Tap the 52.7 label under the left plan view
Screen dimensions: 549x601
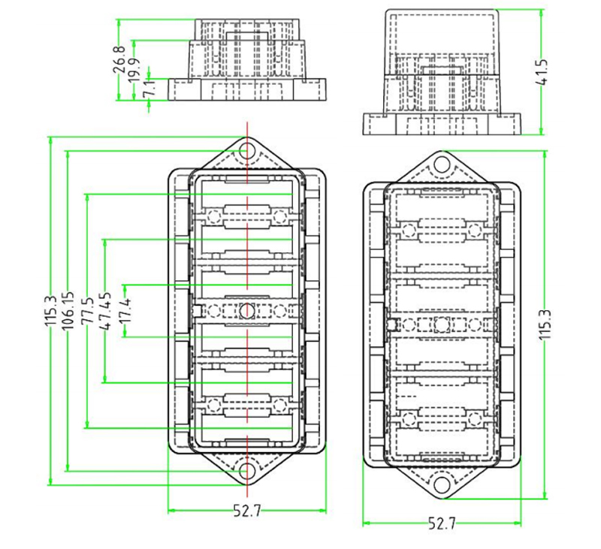[246, 511]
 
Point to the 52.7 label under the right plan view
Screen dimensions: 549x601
[442, 524]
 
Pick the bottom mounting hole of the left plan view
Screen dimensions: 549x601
[247, 471]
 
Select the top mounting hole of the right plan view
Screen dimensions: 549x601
[442, 164]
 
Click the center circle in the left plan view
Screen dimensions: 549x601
[247, 309]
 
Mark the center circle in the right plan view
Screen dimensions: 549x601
[442, 324]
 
